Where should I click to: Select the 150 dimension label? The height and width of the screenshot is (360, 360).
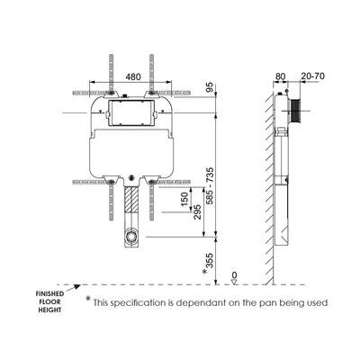(x=184, y=198)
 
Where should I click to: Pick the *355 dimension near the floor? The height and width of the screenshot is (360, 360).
(x=209, y=262)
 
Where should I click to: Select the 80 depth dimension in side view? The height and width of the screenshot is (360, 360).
(x=280, y=76)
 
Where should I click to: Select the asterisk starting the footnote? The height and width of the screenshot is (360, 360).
(x=88, y=300)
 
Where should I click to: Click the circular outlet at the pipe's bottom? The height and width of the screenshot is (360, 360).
(x=132, y=238)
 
